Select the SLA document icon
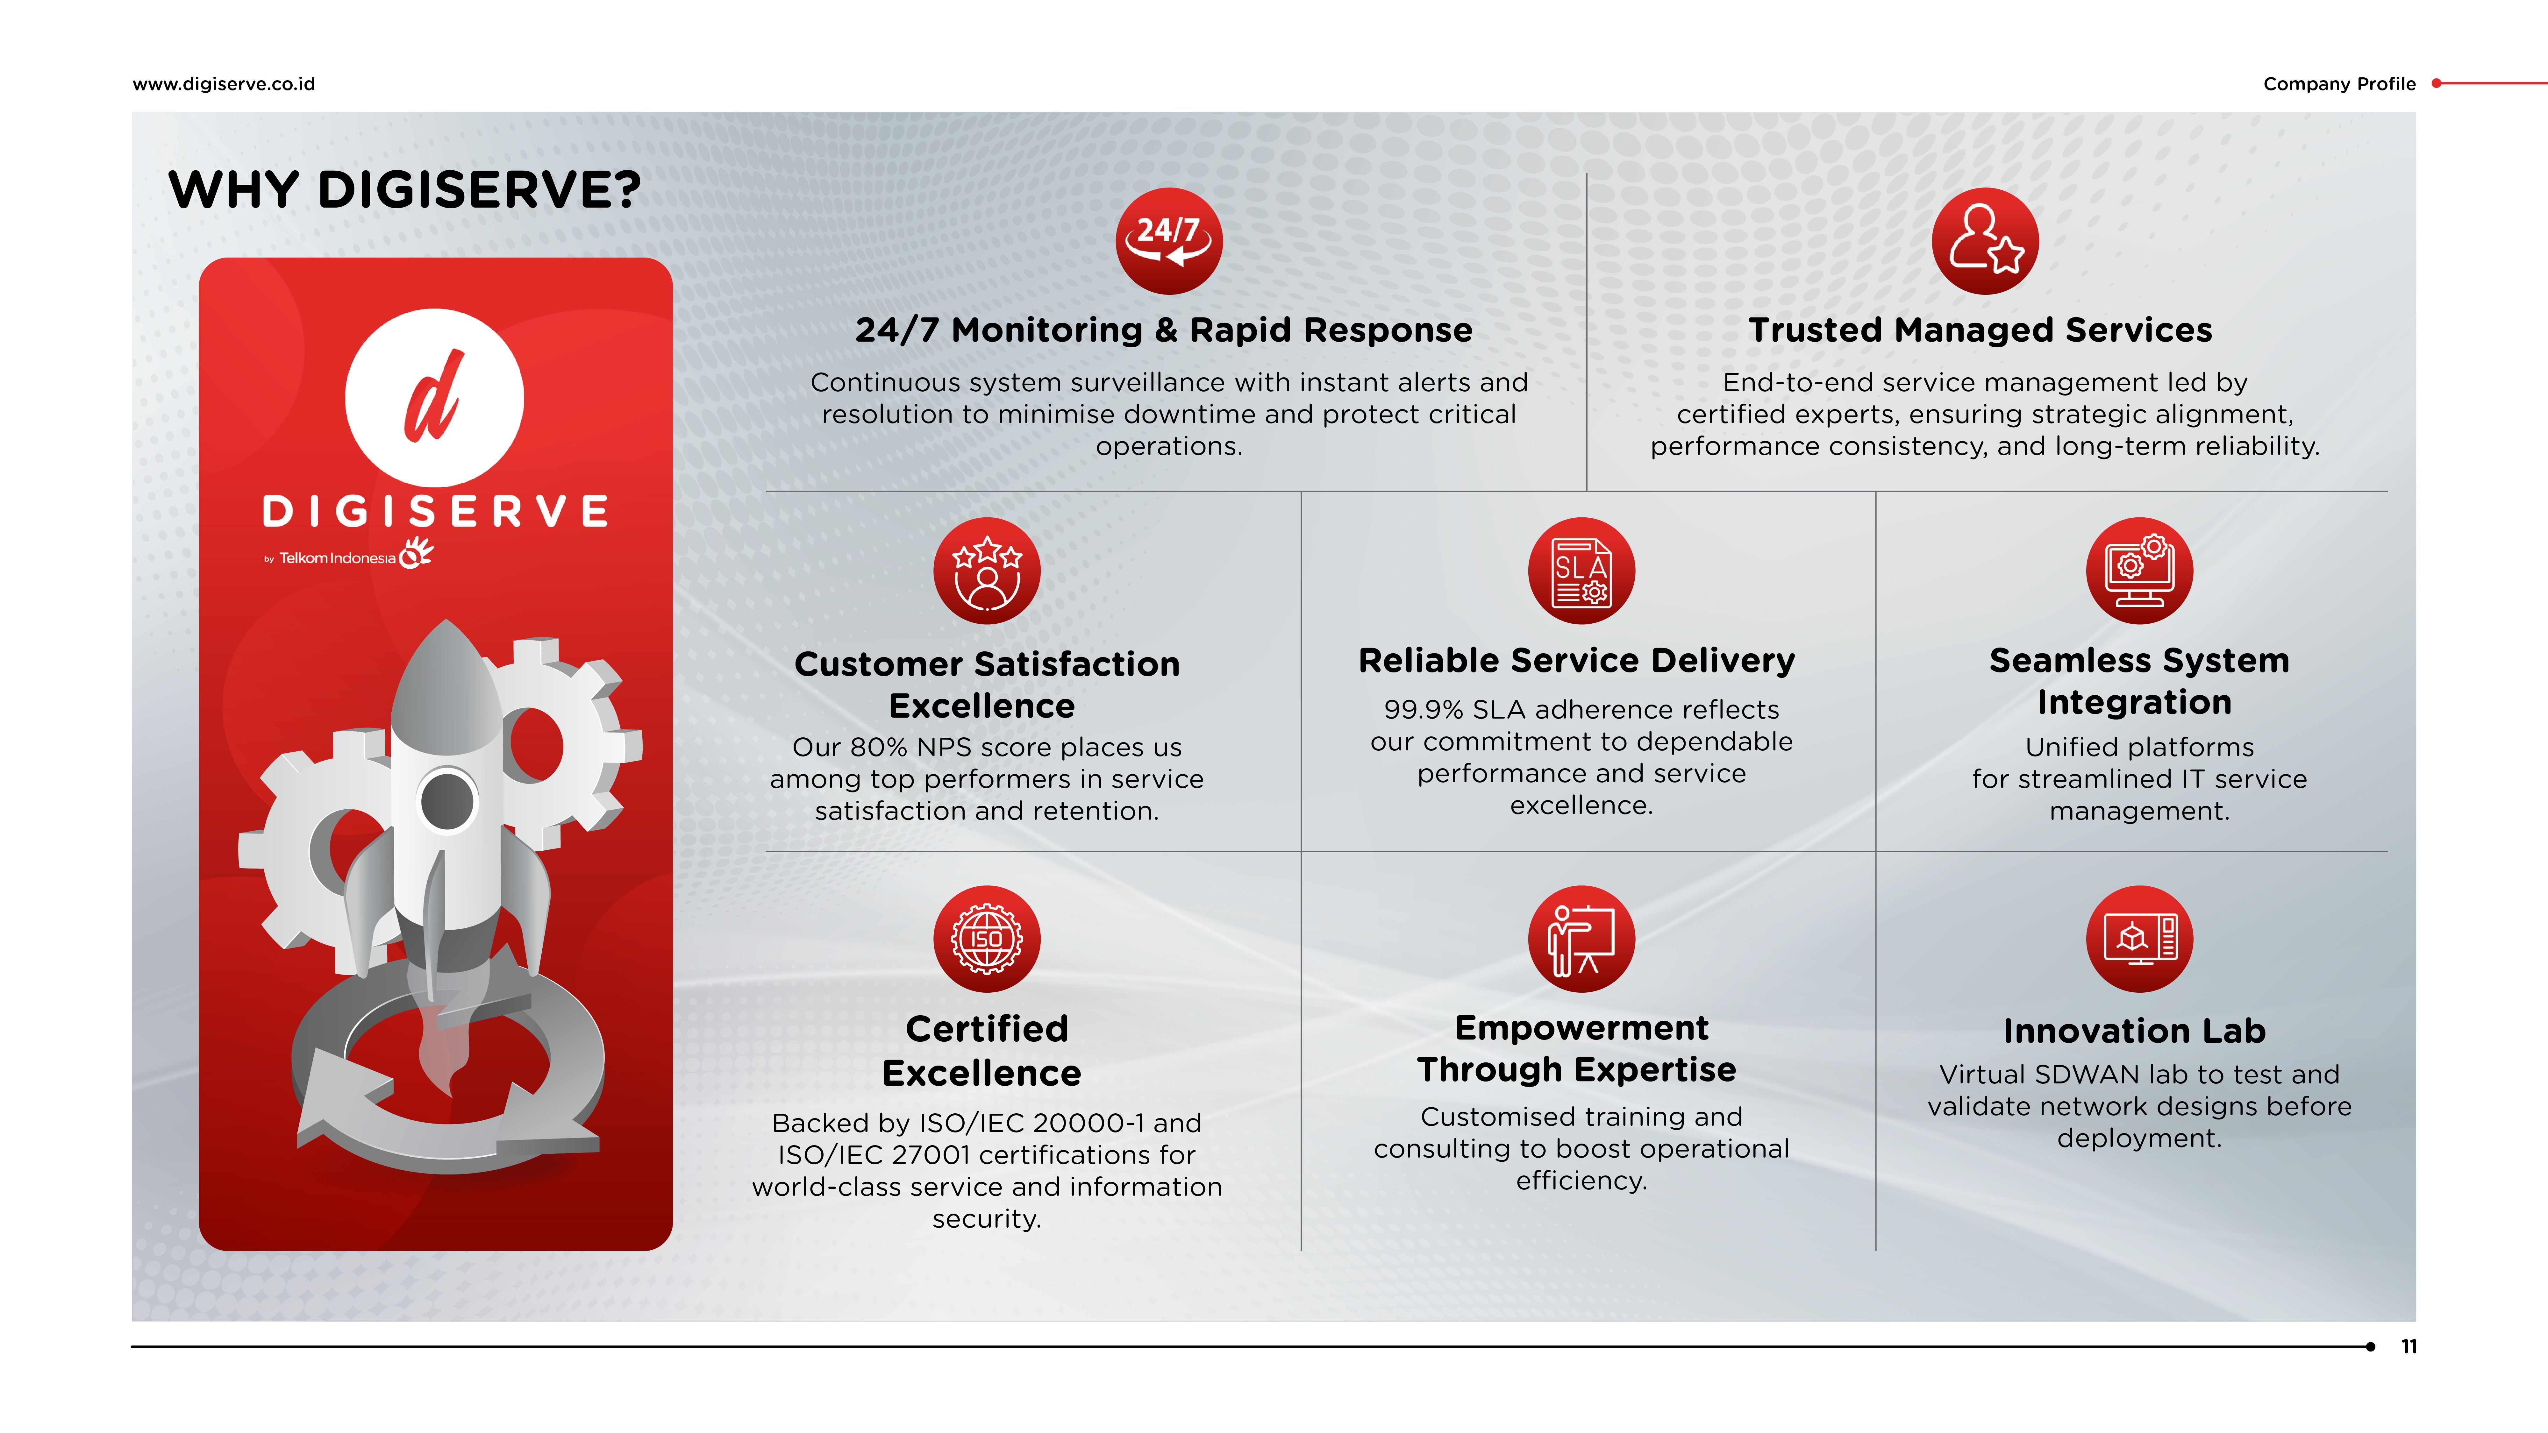pyautogui.click(x=1581, y=571)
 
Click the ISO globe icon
pyautogui.click(x=987, y=939)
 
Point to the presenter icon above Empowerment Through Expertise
pyautogui.click(x=1581, y=939)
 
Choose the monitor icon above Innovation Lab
pyautogui.click(x=2139, y=939)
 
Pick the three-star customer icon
pyautogui.click(x=987, y=571)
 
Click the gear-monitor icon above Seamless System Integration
pyautogui.click(x=2139, y=571)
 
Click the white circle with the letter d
pyautogui.click(x=434, y=398)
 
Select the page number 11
pyautogui.click(x=2409, y=1346)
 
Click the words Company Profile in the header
pyautogui.click(x=2339, y=84)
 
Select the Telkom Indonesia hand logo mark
pyautogui.click(x=416, y=552)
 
